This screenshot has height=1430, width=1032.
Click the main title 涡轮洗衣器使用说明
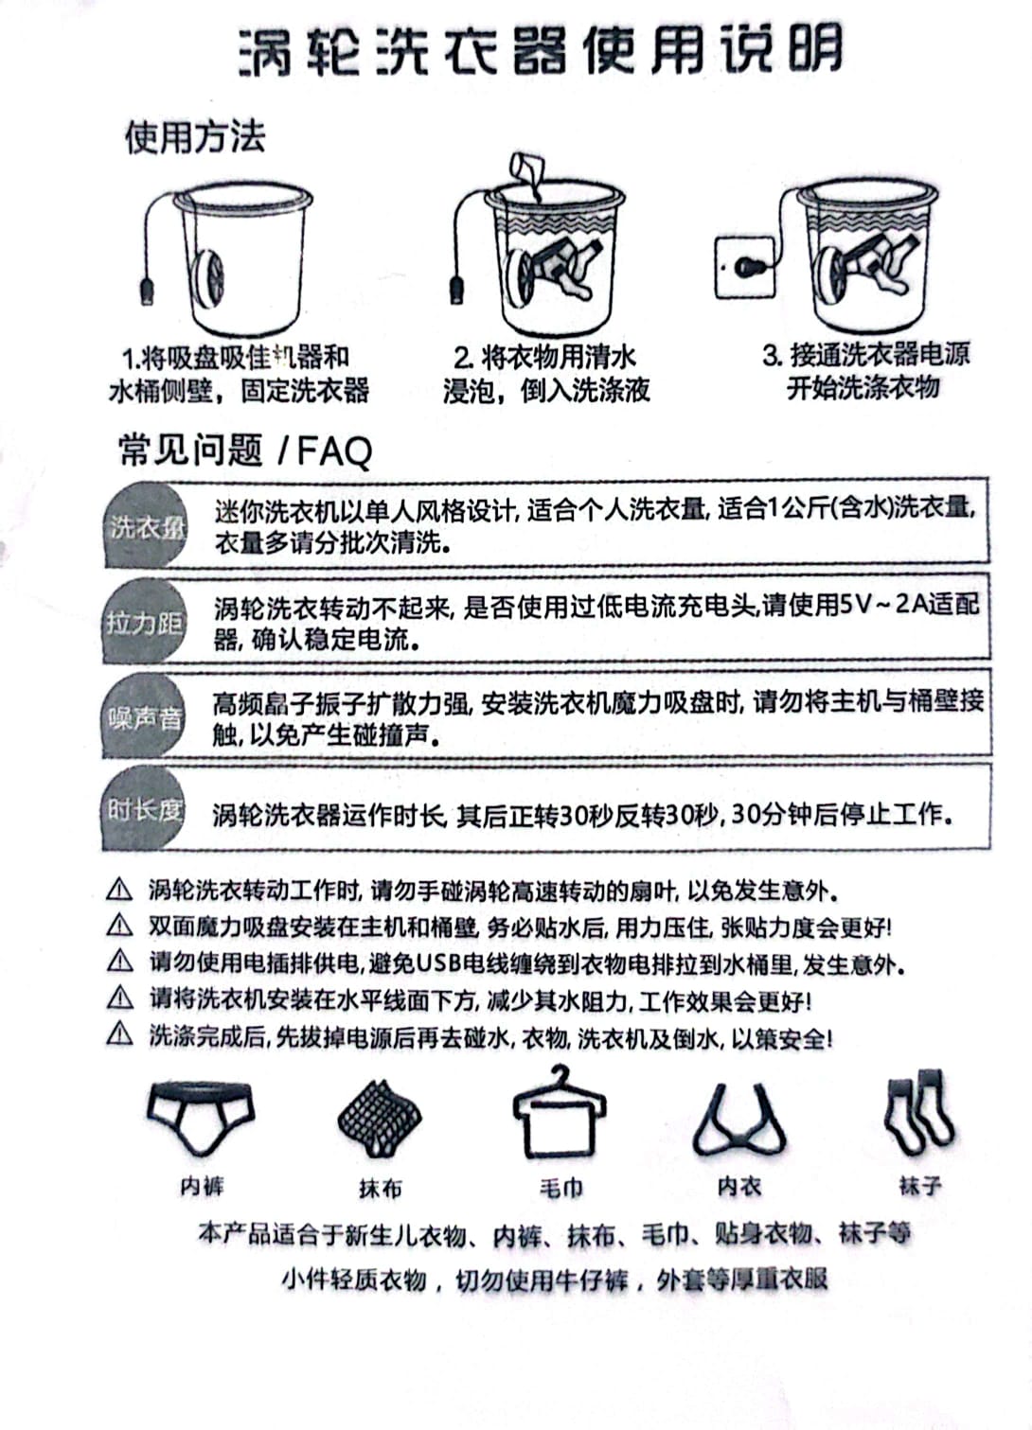(x=540, y=49)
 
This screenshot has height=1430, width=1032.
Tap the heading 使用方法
(x=194, y=137)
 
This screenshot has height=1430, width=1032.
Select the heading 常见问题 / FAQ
(x=245, y=450)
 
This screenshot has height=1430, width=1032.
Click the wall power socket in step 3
(x=743, y=268)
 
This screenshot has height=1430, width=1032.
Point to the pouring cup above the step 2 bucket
(x=527, y=173)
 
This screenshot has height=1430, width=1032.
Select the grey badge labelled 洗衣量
(x=145, y=527)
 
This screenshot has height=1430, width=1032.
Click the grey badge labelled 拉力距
(x=144, y=622)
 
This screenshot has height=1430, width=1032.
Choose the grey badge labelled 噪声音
(x=144, y=718)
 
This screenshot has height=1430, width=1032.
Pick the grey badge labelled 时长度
(x=144, y=810)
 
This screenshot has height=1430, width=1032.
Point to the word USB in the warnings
(x=437, y=963)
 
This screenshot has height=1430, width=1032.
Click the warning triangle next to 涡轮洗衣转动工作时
(x=119, y=890)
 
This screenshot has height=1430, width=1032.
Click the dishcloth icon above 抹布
(x=380, y=1119)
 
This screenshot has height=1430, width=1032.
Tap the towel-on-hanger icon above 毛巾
(x=560, y=1114)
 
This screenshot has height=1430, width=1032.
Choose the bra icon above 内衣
(x=739, y=1121)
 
